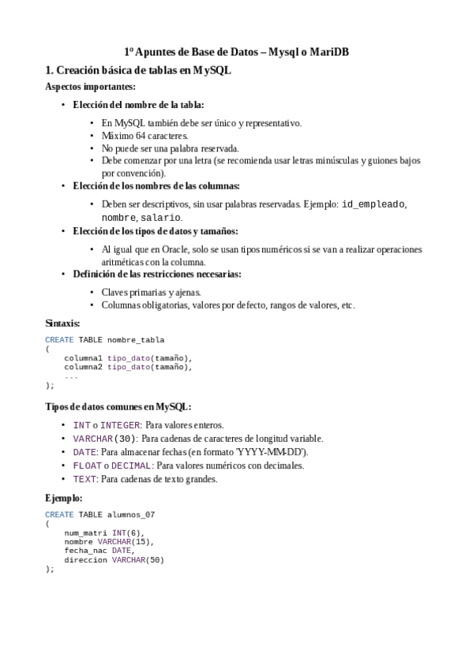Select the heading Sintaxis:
pos(62,323)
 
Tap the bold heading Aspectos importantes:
pos(90,87)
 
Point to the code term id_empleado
pos(374,204)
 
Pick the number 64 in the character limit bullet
pos(135,136)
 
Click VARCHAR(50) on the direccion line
pos(137,560)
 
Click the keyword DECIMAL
pos(131,465)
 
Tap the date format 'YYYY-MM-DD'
pos(266,452)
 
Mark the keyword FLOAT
pos(86,465)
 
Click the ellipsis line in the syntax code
pos(71,376)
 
